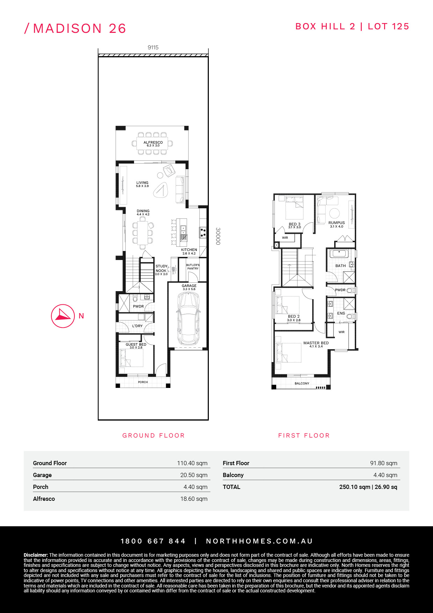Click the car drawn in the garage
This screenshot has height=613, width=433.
(189, 318)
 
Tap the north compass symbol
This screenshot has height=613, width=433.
(63, 316)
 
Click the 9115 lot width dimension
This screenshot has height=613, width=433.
(153, 48)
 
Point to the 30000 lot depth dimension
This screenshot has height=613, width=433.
(218, 236)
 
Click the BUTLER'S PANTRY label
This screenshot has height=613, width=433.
(193, 267)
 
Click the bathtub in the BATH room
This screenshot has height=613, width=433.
(338, 254)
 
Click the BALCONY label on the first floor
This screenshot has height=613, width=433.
(302, 383)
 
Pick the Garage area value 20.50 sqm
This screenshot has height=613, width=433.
(194, 475)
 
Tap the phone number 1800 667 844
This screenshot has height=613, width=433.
(153, 541)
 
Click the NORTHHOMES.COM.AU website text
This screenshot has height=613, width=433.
(259, 541)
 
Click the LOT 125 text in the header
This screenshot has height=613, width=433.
(388, 27)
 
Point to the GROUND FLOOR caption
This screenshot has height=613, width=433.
(153, 435)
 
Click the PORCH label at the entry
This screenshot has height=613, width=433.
(143, 382)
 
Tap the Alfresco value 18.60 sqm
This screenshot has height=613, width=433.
(194, 499)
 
